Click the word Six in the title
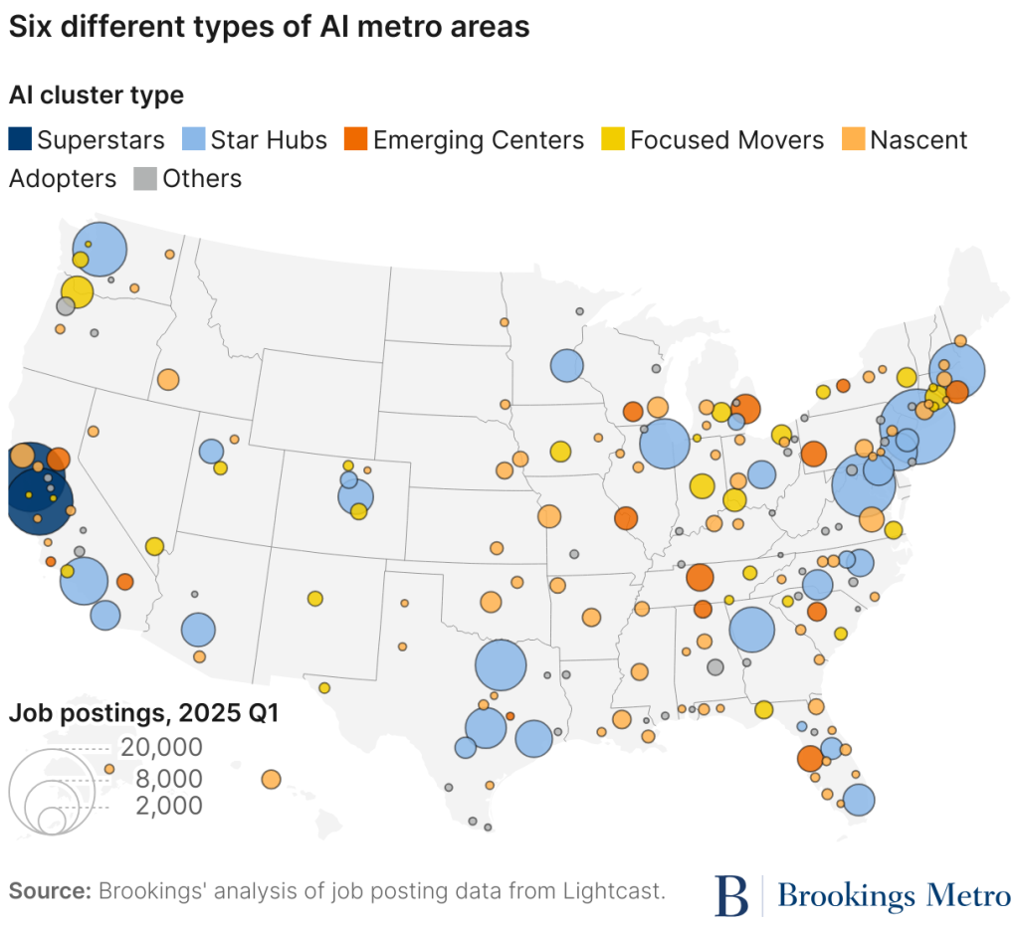(x=29, y=28)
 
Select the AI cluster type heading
(x=97, y=95)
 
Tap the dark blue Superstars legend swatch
(x=19, y=139)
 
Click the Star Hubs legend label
(x=268, y=140)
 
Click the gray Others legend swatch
(x=144, y=179)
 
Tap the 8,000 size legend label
(x=168, y=778)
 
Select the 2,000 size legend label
(x=168, y=806)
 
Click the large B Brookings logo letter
(x=731, y=894)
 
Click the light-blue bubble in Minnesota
(x=566, y=365)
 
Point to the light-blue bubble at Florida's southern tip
(x=858, y=799)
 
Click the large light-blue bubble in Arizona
(x=198, y=629)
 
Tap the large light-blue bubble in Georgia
(x=751, y=629)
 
